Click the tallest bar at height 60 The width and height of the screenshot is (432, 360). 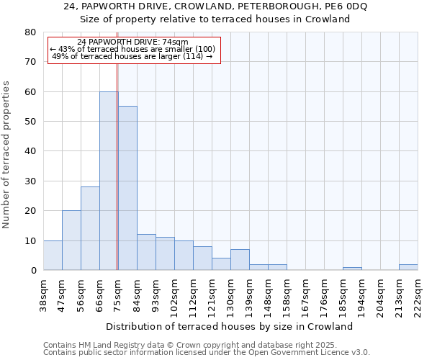click(109, 181)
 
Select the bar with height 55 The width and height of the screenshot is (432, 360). click(127, 188)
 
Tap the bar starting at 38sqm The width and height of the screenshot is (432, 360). click(53, 256)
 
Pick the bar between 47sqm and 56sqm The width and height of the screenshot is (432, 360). click(71, 240)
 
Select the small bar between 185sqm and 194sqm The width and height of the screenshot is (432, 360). click(352, 269)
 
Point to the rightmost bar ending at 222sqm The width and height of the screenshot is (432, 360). click(408, 267)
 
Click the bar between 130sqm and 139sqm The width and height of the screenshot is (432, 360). click(240, 260)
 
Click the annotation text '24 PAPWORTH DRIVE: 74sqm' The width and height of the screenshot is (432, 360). click(132, 42)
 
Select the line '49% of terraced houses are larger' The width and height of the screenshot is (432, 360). click(132, 56)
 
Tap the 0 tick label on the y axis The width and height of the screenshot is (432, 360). click(32, 271)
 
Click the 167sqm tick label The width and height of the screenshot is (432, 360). click(306, 294)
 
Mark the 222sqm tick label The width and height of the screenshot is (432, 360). click(418, 294)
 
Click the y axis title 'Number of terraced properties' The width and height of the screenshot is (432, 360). click(6, 154)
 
